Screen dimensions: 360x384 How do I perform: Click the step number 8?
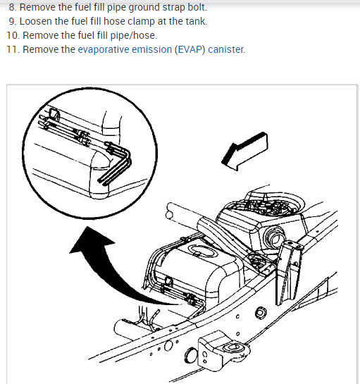[13, 7]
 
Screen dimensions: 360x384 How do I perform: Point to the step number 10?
[13, 35]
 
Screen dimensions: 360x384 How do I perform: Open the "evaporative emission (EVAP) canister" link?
[161, 49]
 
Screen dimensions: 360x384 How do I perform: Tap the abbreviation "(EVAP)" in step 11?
[190, 49]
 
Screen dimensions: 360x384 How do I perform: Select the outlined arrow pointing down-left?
[244, 151]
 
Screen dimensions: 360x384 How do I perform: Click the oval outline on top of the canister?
[202, 251]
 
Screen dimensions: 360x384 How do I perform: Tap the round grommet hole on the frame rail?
[261, 313]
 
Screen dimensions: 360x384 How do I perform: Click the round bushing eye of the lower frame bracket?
[232, 348]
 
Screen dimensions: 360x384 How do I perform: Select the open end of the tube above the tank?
[169, 216]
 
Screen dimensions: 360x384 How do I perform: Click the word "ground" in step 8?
[144, 7]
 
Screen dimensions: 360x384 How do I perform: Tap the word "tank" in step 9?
[196, 21]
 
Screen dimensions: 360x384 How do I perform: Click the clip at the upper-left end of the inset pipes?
[54, 115]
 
